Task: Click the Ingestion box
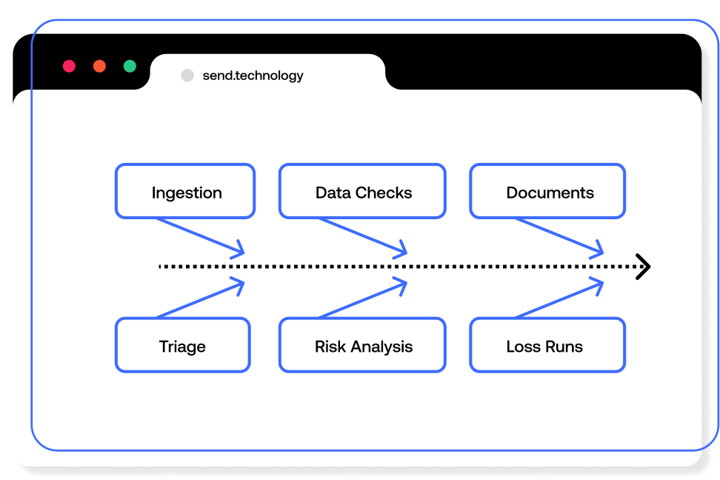click(185, 192)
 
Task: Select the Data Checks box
click(362, 192)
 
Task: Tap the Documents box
click(547, 192)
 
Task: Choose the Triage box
click(182, 345)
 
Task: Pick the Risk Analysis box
click(362, 345)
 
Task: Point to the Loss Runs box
click(547, 345)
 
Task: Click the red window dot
click(69, 66)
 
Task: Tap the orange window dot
click(99, 66)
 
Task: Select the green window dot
click(130, 66)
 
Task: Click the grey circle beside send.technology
click(187, 76)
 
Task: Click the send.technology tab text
click(253, 76)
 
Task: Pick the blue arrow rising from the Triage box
click(201, 299)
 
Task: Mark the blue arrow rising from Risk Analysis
click(364, 299)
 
